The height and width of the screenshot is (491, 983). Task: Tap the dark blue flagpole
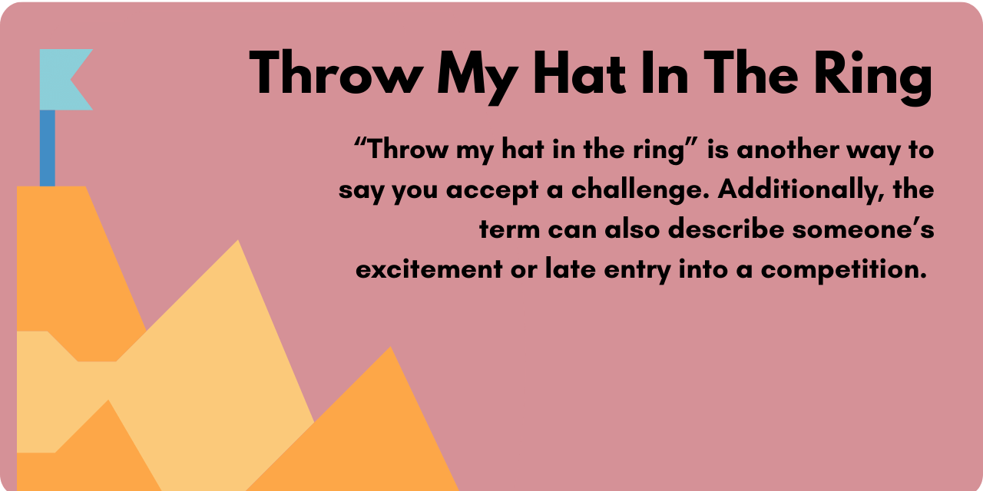(48, 147)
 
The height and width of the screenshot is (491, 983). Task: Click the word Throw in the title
(335, 74)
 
